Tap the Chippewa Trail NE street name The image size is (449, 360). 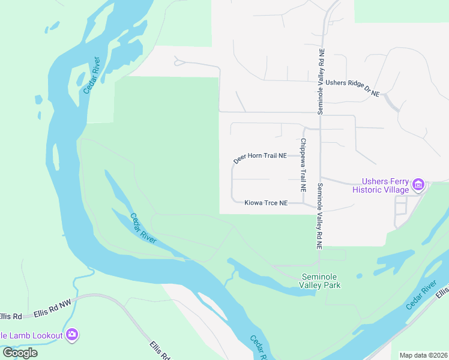[x=303, y=165]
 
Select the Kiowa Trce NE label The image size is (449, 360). [x=267, y=203]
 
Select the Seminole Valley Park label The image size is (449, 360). [x=320, y=280]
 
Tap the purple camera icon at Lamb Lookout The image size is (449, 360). [x=72, y=334]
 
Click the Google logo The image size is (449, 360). [x=20, y=353]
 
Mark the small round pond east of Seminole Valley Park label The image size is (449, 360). [x=359, y=277]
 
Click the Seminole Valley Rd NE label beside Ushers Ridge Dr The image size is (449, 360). [x=322, y=82]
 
